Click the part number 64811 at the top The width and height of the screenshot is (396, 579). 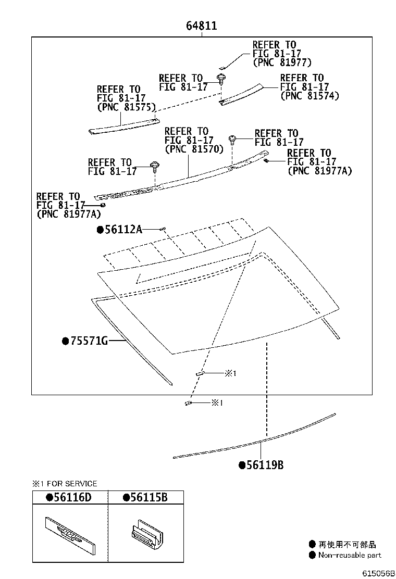202,26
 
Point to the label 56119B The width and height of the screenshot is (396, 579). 265,465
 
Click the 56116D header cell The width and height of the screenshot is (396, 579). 72,497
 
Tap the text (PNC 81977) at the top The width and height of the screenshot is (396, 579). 282,62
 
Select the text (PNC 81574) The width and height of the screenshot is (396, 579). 310,96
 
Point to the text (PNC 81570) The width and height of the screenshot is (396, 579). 194,149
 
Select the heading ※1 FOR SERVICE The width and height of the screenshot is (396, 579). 65,484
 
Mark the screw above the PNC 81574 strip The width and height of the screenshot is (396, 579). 222,80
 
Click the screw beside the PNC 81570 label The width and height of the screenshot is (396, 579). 233,140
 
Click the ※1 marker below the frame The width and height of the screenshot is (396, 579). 217,402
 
